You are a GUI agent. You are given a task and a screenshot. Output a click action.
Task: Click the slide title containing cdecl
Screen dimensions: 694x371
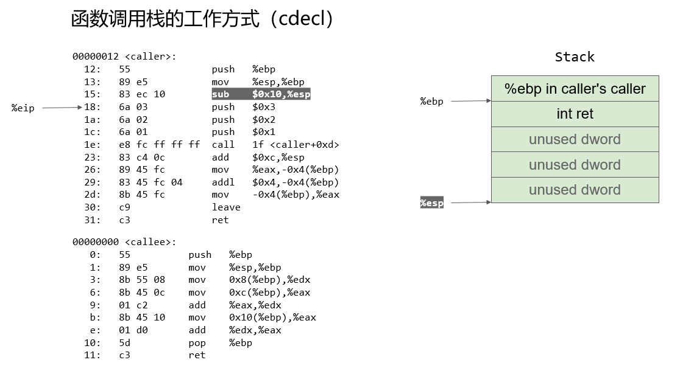click(202, 19)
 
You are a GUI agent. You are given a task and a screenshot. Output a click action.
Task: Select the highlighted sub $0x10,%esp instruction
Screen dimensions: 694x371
click(261, 94)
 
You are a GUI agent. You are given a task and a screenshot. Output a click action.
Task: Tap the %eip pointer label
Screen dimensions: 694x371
click(23, 108)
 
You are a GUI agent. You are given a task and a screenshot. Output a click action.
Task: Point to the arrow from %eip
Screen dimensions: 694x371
click(62, 107)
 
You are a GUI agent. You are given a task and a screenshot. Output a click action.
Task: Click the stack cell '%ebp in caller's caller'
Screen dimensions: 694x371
click(575, 89)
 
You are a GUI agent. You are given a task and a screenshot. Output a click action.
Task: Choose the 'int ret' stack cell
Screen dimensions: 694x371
click(575, 114)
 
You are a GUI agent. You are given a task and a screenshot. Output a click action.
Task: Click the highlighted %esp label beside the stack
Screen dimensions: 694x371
click(431, 203)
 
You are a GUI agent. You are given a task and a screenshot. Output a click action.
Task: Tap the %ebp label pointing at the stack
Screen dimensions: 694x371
click(431, 101)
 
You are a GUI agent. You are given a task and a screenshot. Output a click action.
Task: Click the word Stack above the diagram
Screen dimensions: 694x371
click(575, 57)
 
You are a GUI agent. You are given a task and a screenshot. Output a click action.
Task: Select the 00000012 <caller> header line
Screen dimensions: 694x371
click(124, 57)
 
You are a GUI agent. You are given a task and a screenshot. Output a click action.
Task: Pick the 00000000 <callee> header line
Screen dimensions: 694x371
click(124, 242)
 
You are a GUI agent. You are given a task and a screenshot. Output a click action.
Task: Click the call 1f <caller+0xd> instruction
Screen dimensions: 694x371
click(275, 144)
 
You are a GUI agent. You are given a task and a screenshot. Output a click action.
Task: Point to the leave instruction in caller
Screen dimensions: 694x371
click(226, 207)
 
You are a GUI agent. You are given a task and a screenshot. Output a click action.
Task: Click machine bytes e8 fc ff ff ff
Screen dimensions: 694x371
click(160, 144)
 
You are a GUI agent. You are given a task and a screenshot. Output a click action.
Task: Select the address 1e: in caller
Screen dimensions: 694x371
click(92, 144)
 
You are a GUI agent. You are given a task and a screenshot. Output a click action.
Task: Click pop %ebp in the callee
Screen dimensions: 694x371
click(221, 343)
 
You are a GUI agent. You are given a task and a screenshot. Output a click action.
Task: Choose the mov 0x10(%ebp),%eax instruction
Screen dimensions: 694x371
click(252, 317)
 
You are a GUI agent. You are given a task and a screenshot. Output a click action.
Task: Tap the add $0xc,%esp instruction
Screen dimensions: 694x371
click(258, 158)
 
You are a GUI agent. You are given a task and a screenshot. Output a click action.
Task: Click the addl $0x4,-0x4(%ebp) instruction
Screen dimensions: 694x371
click(275, 182)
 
